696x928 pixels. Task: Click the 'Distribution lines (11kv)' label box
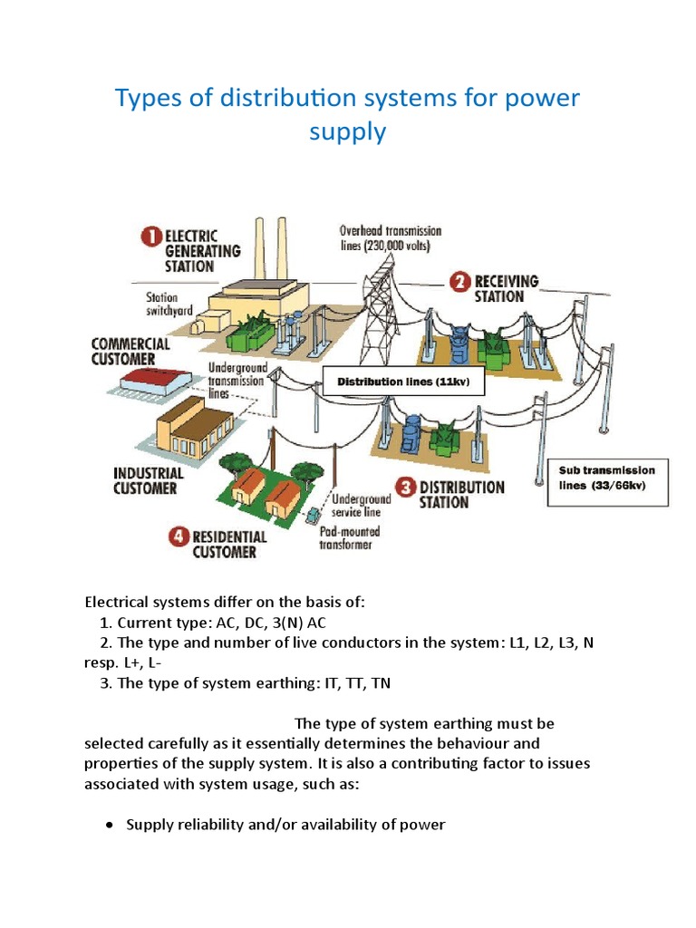point(397,382)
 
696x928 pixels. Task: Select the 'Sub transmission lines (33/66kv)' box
point(608,484)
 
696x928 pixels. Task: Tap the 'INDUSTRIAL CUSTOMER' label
point(149,480)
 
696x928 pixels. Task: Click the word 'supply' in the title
point(347,131)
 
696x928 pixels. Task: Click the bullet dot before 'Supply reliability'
point(110,825)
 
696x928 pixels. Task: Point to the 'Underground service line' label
point(361,505)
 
